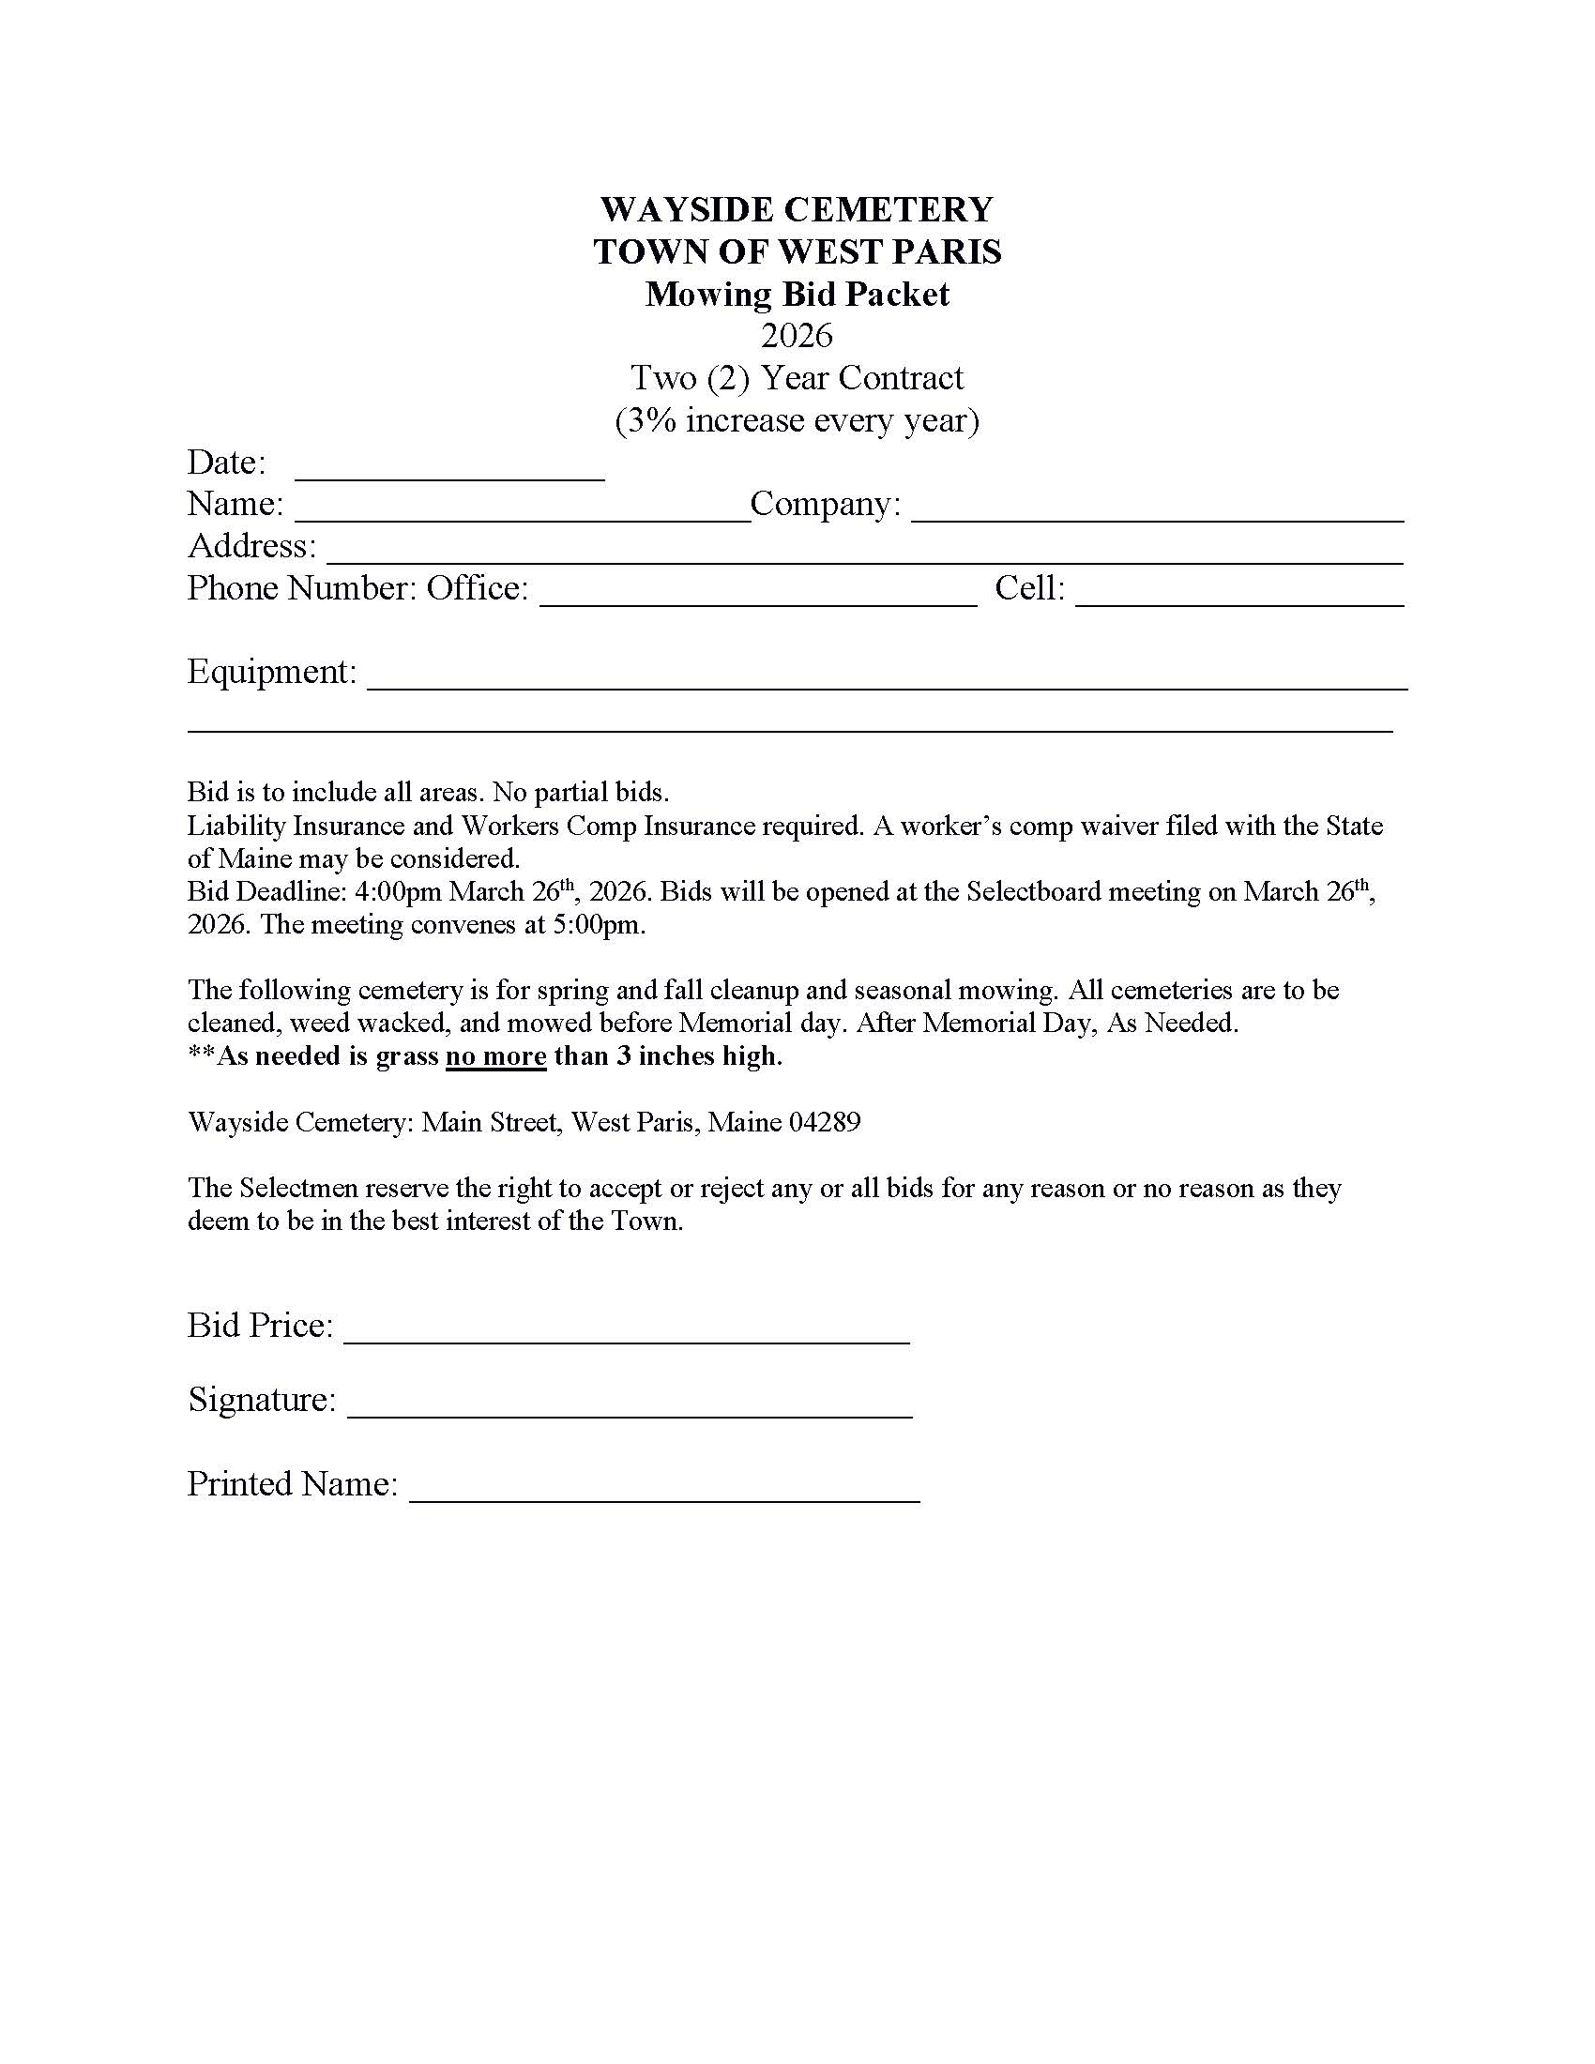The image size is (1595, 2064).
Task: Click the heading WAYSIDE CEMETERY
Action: [797, 209]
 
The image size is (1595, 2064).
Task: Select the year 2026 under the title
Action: [797, 336]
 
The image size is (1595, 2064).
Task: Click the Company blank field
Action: [1157, 510]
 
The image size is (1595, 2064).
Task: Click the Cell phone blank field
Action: [1238, 596]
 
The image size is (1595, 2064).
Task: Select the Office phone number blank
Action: [758, 596]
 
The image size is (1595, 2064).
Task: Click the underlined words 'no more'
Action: [496, 1055]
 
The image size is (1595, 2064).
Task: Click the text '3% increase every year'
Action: [797, 419]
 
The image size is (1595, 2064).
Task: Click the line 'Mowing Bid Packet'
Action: [797, 294]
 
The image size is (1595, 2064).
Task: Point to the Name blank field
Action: [522, 510]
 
